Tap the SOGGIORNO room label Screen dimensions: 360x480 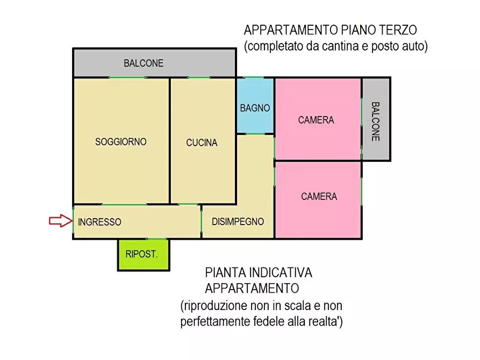pyautogui.click(x=121, y=142)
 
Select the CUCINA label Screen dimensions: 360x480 pyautogui.click(x=202, y=143)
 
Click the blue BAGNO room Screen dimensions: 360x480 pyautogui.click(x=255, y=107)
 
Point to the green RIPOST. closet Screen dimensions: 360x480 pyautogui.click(x=143, y=255)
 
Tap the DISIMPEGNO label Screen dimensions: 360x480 pyautogui.click(x=238, y=221)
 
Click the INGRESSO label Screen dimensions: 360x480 pyautogui.click(x=99, y=222)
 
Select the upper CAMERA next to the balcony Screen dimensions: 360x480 pyautogui.click(x=316, y=120)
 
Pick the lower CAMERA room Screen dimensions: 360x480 pyautogui.click(x=319, y=197)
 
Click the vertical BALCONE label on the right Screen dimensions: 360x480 pyautogui.click(x=375, y=121)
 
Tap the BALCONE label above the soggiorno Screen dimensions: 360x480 pyautogui.click(x=144, y=63)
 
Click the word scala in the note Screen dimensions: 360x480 pyautogui.click(x=293, y=306)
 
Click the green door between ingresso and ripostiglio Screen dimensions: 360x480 pyautogui.click(x=142, y=239)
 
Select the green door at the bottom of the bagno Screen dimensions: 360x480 pyautogui.click(x=255, y=134)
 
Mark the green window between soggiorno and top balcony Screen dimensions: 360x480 pyautogui.click(x=127, y=78)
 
